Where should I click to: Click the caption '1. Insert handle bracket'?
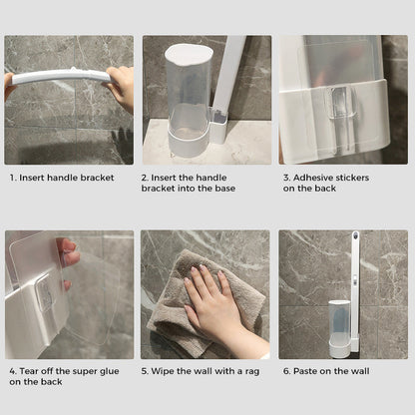coord(62,178)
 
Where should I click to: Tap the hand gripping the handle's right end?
coord(122,88)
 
